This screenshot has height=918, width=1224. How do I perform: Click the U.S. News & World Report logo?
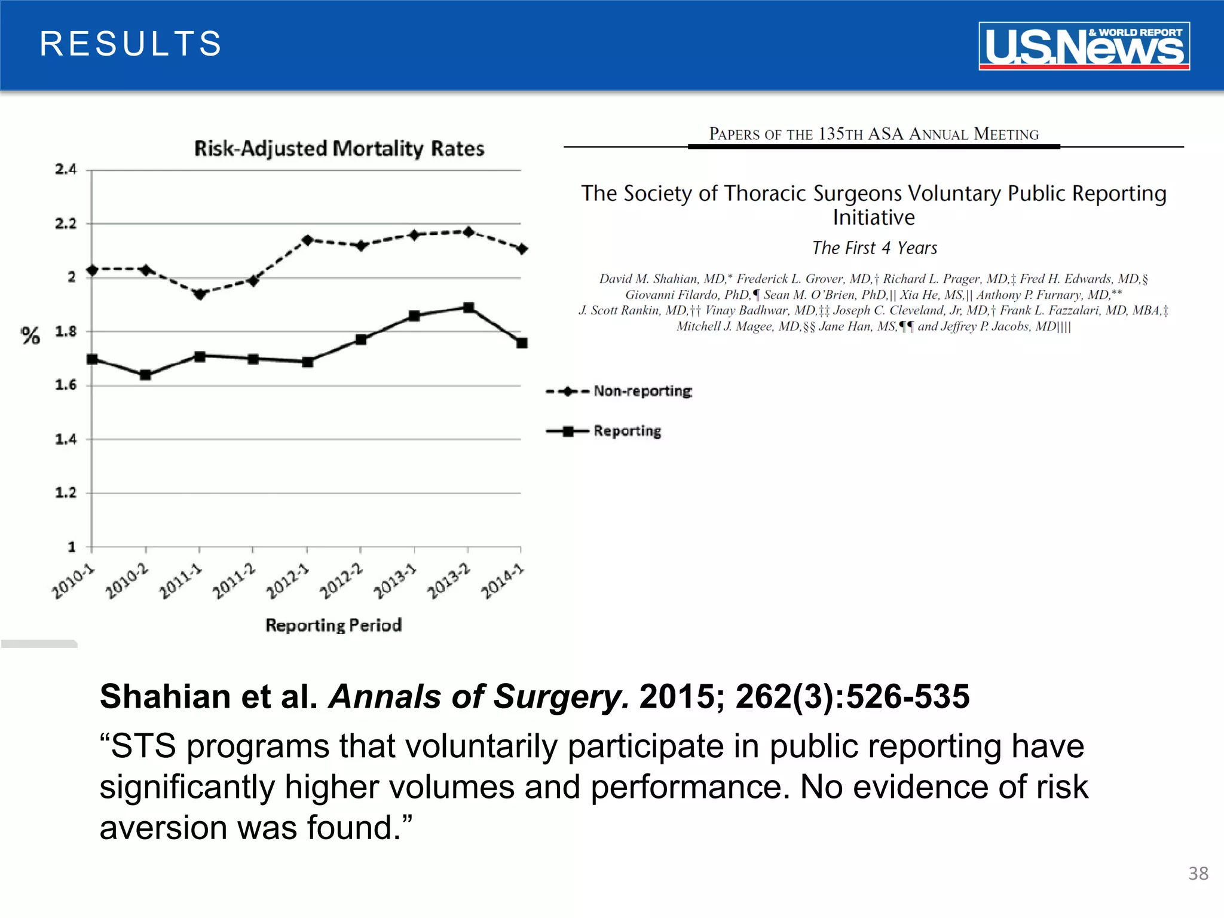click(x=1084, y=46)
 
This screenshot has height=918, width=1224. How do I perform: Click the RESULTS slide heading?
click(x=130, y=44)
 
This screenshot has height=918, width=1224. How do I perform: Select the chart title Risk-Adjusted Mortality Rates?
click(x=339, y=148)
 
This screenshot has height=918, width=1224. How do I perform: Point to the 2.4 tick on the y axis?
click(x=66, y=170)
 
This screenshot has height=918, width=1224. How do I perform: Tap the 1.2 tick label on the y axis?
click(x=66, y=493)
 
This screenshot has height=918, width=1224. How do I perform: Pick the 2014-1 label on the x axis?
click(x=503, y=581)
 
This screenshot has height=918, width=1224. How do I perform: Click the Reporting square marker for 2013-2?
click(x=469, y=308)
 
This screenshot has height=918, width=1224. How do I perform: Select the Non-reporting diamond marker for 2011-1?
click(x=200, y=294)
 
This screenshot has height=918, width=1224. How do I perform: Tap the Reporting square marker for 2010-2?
click(x=145, y=375)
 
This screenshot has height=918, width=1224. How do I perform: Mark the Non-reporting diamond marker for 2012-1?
click(x=307, y=240)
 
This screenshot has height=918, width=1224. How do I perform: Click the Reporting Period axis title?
click(x=333, y=625)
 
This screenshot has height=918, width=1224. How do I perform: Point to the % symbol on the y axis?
click(x=30, y=336)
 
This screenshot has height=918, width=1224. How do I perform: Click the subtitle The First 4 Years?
click(x=874, y=247)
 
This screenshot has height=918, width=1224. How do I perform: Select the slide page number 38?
click(x=1198, y=873)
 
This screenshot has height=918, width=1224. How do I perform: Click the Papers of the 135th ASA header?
click(x=873, y=134)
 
